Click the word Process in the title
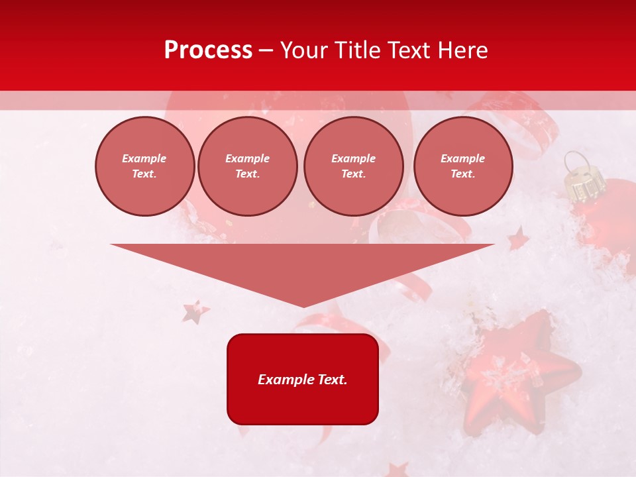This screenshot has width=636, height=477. pos(208,50)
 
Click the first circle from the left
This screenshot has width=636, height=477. pos(145,166)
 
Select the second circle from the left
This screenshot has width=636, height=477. pos(248,166)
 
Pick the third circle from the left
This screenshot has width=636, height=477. pos(354,166)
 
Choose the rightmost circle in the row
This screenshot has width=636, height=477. pos(463,166)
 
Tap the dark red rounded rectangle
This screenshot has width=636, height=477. pos(303,404)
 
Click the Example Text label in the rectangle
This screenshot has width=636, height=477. pos(303,380)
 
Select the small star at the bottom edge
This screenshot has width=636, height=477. pos(397,470)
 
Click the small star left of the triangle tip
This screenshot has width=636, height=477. pos(195,311)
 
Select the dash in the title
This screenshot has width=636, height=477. pos(266,50)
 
